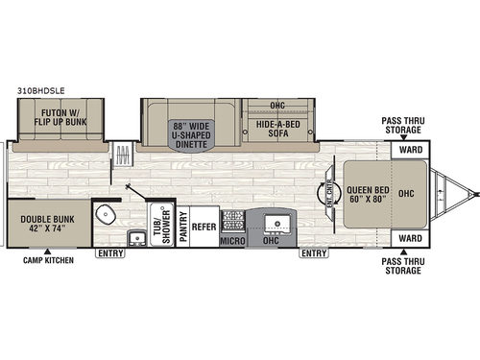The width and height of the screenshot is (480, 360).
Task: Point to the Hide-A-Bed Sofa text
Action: pos(279,130)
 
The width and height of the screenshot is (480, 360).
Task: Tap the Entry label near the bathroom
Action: pos(109,254)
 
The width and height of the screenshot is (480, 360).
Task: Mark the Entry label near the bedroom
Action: pos(312,254)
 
